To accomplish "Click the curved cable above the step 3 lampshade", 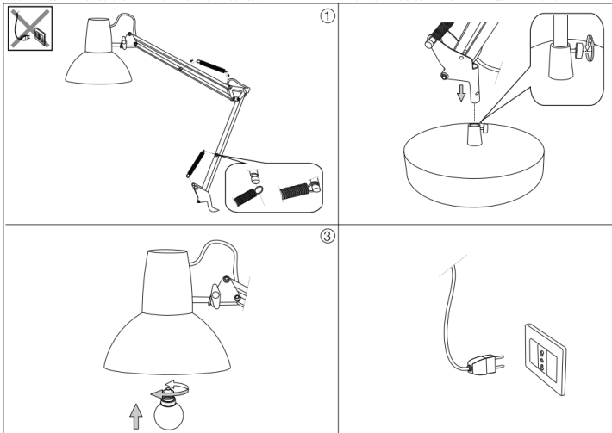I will pyautogui.click(x=207, y=261).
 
